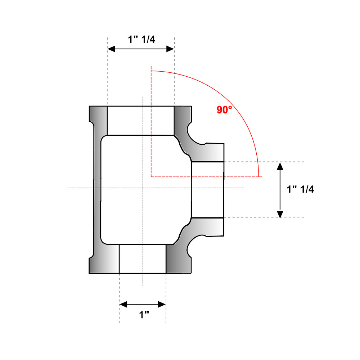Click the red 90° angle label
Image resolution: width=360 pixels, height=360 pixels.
224,110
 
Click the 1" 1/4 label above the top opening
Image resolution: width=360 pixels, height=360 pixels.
141,39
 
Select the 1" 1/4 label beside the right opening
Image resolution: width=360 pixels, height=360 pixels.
300,189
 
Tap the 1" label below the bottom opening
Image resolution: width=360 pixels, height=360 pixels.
144,315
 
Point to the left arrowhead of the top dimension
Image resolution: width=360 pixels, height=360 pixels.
111,49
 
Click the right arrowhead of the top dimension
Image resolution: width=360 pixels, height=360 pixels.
170,49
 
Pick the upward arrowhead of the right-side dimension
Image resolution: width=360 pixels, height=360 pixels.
280,166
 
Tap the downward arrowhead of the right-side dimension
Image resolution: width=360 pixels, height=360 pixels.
280,214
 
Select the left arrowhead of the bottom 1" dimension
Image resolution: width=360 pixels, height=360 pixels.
123,305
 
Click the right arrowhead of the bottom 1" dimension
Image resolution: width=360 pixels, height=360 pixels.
162,305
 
